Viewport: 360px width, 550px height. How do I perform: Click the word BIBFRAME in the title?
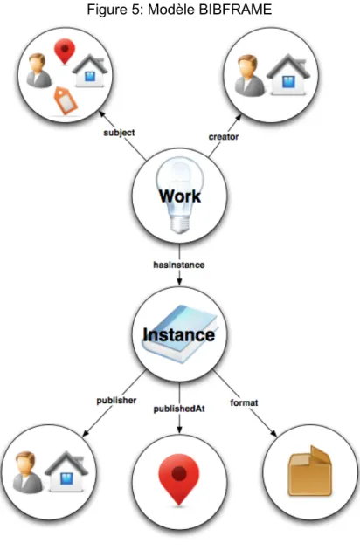point(236,10)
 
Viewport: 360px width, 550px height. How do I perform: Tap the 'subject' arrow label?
point(119,133)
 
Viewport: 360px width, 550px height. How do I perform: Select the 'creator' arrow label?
point(224,137)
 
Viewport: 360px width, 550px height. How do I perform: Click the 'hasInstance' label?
point(179,265)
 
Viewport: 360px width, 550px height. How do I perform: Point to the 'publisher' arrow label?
point(116,401)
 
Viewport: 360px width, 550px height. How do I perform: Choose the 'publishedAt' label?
point(179,409)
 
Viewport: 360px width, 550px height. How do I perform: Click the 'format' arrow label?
point(244,402)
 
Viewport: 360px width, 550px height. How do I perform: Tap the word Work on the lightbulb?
point(180,196)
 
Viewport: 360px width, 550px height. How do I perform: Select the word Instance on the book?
point(179,334)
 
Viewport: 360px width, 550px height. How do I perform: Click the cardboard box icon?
point(310,471)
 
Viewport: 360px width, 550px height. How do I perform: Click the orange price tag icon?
point(65,100)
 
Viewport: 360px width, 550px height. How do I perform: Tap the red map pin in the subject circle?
point(65,52)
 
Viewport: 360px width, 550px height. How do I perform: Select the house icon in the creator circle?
point(288,74)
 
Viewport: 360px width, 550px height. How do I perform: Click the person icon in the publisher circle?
point(27,472)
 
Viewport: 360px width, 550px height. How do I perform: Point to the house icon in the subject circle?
point(90,70)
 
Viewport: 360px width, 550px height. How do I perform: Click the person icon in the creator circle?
point(249,75)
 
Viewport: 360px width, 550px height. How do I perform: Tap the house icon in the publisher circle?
point(66,471)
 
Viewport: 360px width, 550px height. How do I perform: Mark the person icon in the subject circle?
point(38,70)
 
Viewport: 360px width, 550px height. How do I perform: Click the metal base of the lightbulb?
point(180,223)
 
